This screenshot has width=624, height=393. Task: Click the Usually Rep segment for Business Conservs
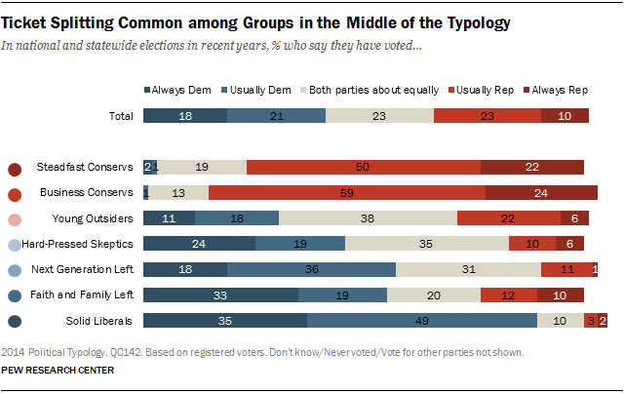pyautogui.click(x=346, y=191)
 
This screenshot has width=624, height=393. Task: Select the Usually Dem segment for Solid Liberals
pyautogui.click(x=422, y=320)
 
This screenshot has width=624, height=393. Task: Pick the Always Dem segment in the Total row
pyautogui.click(x=185, y=116)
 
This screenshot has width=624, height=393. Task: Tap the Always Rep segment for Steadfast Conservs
pyautogui.click(x=532, y=167)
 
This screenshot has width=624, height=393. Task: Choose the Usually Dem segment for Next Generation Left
pyautogui.click(x=311, y=268)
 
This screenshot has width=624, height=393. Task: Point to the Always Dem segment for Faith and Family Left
pyautogui.click(x=220, y=294)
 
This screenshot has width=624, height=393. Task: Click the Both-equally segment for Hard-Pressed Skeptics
pyautogui.click(x=426, y=243)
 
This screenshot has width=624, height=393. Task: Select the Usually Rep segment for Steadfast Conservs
pyautogui.click(x=364, y=167)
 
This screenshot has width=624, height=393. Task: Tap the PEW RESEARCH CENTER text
pyautogui.click(x=58, y=370)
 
